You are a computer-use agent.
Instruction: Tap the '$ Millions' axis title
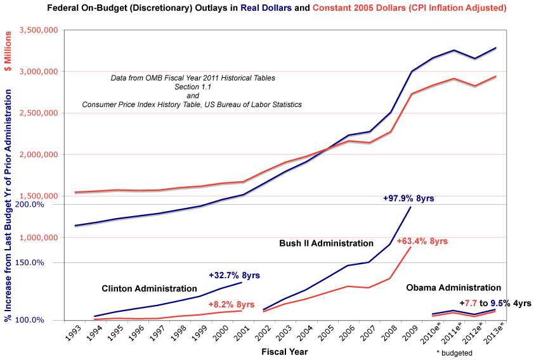point(10,49)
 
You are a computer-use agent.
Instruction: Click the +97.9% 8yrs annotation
point(408,198)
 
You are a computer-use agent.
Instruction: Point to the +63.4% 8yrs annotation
point(422,241)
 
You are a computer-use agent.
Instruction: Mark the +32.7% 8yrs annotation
point(234,276)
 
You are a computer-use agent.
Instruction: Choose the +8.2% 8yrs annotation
point(232,304)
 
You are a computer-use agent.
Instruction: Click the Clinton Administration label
point(149,288)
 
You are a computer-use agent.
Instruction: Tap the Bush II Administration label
point(326,243)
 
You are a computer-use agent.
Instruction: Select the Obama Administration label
point(453,288)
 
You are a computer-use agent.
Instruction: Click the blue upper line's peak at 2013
point(496,48)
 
